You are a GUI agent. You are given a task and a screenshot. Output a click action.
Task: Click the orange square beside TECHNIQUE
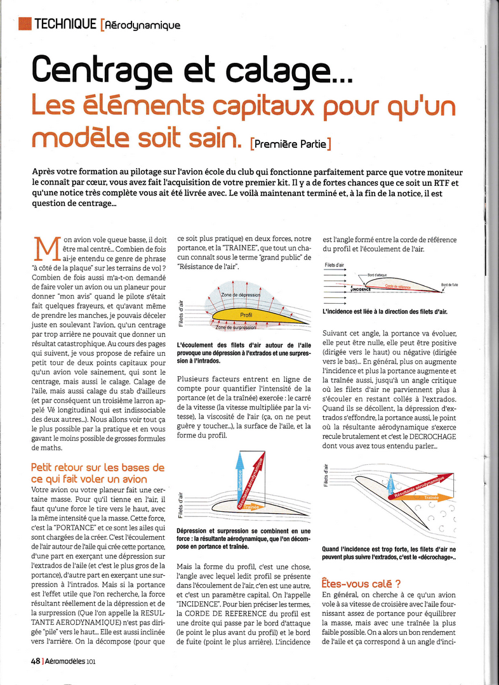pyautogui.click(x=25, y=23)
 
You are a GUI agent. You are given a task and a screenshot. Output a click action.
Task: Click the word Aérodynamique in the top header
pyautogui.click(x=143, y=25)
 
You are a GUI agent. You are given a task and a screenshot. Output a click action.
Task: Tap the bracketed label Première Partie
pyautogui.click(x=291, y=143)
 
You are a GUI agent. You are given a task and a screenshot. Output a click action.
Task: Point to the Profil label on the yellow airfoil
pyautogui.click(x=246, y=315)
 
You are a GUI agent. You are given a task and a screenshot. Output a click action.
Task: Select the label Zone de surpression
pyautogui.click(x=240, y=327)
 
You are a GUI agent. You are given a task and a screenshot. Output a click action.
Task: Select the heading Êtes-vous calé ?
pyautogui.click(x=360, y=582)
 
